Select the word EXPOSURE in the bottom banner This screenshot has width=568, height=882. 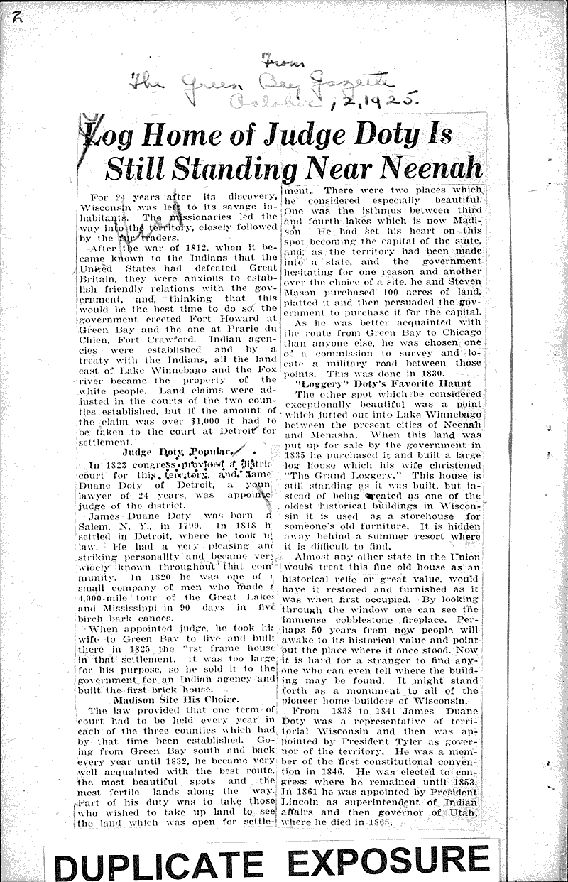(x=389, y=861)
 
